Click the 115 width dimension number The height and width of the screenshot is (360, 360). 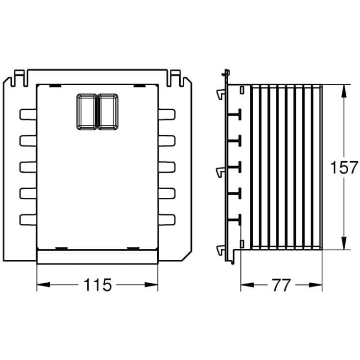click(x=97, y=285)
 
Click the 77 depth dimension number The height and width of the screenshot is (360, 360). click(x=281, y=285)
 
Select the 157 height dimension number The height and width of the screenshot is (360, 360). click(x=344, y=167)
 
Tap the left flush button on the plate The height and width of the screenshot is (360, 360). click(x=87, y=112)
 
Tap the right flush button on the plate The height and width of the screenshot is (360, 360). click(x=108, y=112)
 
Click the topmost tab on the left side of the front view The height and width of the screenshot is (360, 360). click(x=28, y=114)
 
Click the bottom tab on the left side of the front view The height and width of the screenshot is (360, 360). click(x=28, y=219)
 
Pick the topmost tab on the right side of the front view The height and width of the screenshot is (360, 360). click(x=167, y=114)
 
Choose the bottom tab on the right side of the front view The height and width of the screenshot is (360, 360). click(x=167, y=219)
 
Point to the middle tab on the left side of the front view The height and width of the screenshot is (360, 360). click(x=28, y=167)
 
